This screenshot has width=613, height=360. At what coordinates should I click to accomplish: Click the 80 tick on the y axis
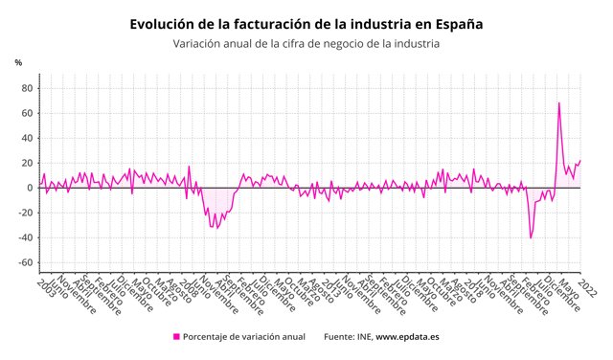tap(28, 88)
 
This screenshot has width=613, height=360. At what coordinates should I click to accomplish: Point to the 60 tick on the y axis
tap(28, 113)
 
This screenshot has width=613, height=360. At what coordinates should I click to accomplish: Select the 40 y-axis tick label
tap(28, 138)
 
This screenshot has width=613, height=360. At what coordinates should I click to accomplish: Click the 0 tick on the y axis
tap(31, 188)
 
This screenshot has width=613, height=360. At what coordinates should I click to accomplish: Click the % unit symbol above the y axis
tap(17, 62)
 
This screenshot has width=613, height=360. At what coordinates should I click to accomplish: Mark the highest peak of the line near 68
tap(559, 102)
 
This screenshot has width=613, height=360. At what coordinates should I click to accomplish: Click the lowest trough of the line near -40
tap(531, 237)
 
